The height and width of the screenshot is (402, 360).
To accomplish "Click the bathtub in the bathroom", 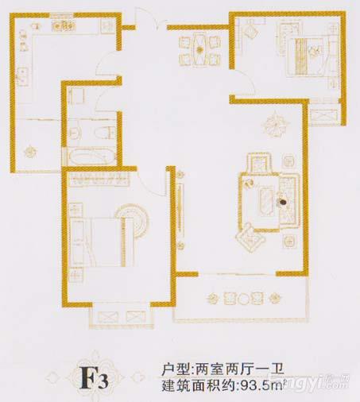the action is [91, 157].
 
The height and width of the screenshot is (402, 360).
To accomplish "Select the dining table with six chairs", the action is [200, 49].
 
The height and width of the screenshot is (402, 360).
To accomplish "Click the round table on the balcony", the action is [244, 299].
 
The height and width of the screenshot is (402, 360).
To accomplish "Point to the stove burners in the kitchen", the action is [64, 26].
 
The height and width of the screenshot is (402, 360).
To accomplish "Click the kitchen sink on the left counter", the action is [22, 77].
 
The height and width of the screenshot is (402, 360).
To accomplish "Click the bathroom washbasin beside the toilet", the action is [75, 132].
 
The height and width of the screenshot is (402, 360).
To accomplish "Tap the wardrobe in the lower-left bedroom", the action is [99, 180].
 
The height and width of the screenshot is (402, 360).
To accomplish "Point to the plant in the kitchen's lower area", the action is [29, 152].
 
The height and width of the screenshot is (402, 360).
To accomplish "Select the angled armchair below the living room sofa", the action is [250, 238].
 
